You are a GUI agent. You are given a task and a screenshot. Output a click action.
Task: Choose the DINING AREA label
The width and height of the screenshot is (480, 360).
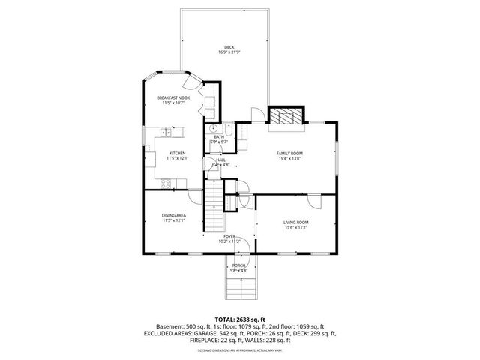point(173,216)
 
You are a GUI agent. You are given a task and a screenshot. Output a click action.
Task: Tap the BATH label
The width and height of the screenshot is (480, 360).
point(219,137)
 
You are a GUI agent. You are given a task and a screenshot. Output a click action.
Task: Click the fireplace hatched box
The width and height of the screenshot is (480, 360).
point(285,117)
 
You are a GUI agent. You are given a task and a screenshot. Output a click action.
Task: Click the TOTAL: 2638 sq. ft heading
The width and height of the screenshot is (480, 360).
point(240,319)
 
